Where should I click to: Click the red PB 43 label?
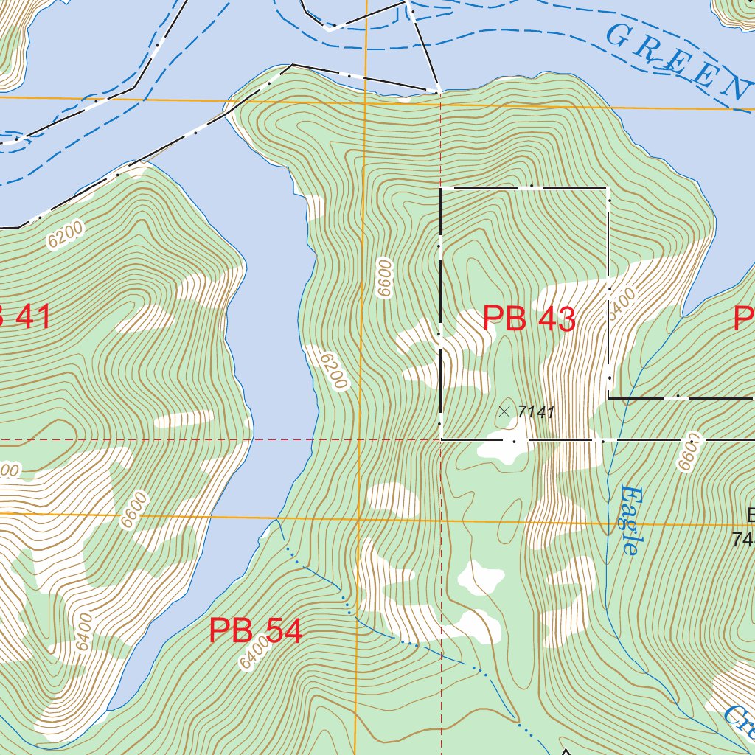pyautogui.click(x=529, y=319)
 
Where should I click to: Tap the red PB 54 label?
pyautogui.click(x=256, y=631)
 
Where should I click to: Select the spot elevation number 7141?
pyautogui.click(x=535, y=412)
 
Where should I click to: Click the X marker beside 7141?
pyautogui.click(x=504, y=411)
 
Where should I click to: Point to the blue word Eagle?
pyautogui.click(x=629, y=520)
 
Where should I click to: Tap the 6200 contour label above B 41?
pyautogui.click(x=64, y=235)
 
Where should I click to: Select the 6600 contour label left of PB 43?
pyautogui.click(x=383, y=278)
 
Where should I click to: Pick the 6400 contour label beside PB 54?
pyautogui.click(x=254, y=653)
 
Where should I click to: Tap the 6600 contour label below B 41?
pyautogui.click(x=134, y=510)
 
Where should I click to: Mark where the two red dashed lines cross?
pyautogui.click(x=441, y=440)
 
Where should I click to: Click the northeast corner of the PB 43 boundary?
pyautogui.click(x=608, y=189)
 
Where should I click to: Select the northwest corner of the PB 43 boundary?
pyautogui.click(x=441, y=189)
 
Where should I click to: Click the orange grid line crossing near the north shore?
pyautogui.click(x=364, y=102)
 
